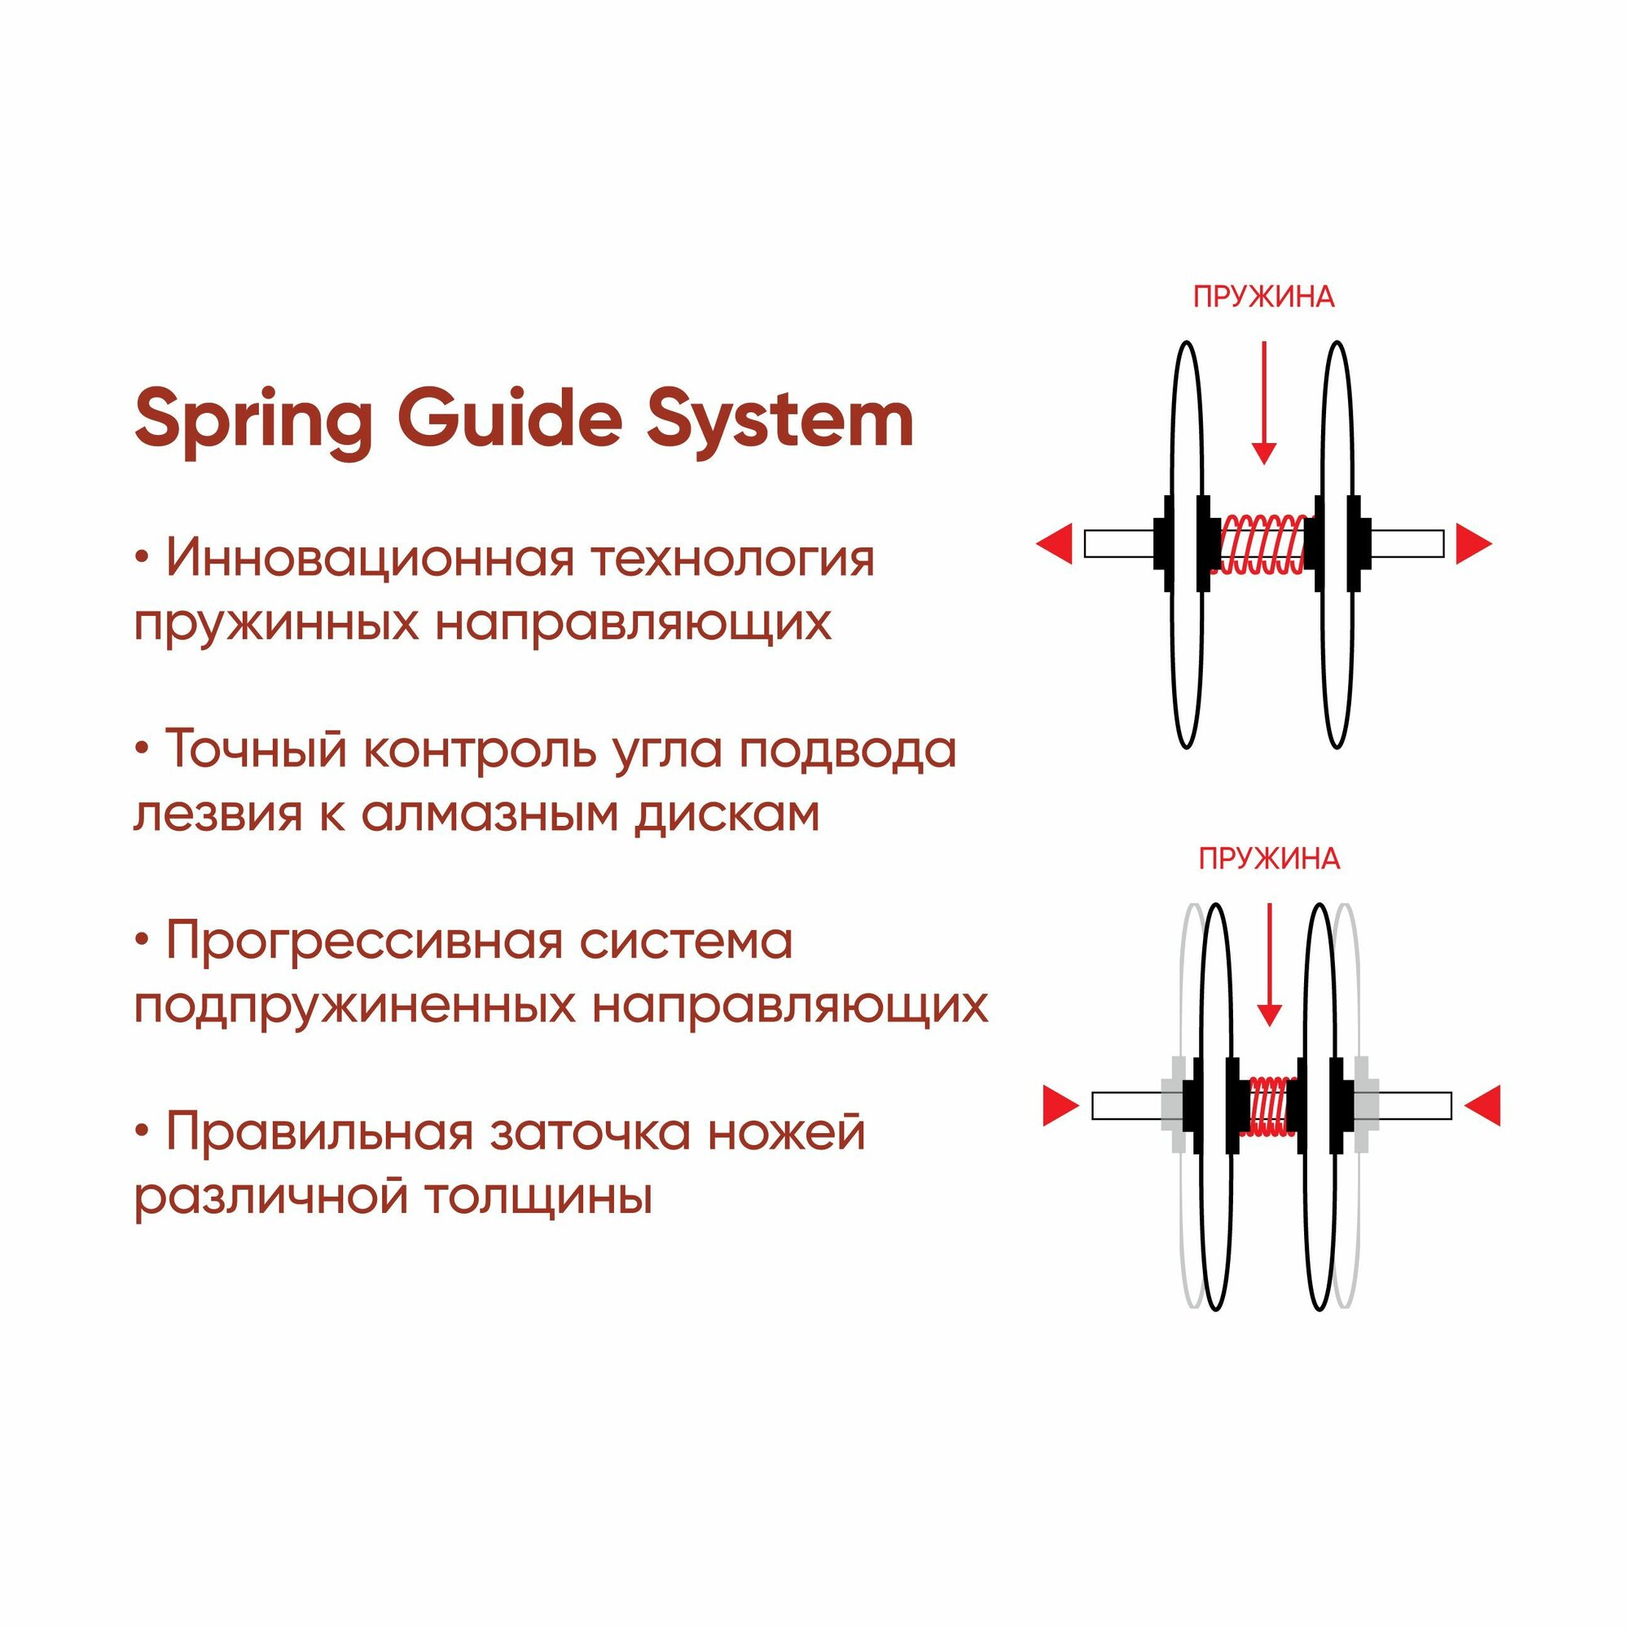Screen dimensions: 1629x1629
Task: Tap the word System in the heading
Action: (x=780, y=419)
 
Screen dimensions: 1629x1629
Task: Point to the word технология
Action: (x=732, y=558)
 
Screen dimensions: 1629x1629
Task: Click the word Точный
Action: (x=254, y=749)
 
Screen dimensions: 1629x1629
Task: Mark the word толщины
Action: (x=538, y=1196)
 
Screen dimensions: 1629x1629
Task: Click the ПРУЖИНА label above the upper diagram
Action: (x=1263, y=297)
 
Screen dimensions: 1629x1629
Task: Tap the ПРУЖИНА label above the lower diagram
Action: (x=1269, y=859)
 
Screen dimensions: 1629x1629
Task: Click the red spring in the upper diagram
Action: (x=1262, y=544)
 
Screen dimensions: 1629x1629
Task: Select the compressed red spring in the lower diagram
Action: (x=1271, y=1105)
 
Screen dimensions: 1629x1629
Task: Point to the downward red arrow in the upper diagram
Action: (x=1263, y=405)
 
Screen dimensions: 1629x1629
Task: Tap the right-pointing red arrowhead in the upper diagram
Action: (x=1473, y=543)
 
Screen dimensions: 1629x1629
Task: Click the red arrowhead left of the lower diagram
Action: (x=1060, y=1105)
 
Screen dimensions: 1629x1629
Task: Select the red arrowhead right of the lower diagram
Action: (x=1483, y=1105)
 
